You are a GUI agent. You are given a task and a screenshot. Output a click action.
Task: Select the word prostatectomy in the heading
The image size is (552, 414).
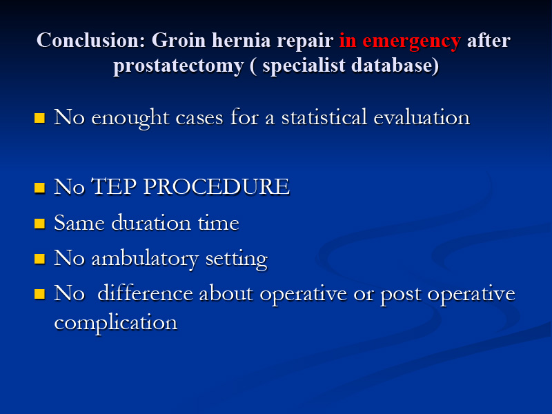[179, 66]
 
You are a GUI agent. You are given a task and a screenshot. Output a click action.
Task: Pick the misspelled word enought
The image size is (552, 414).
[130, 118]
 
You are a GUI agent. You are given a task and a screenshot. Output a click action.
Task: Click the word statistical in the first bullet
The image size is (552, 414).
[324, 117]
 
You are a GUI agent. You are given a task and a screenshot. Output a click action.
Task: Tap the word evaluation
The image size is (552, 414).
[422, 117]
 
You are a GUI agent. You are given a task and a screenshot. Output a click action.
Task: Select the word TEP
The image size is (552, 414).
[114, 186]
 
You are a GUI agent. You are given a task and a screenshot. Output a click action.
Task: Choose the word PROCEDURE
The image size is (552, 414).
[217, 186]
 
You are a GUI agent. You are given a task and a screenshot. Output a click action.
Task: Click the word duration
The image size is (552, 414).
[151, 222]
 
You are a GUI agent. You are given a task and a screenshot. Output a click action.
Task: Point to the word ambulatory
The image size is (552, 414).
[145, 259]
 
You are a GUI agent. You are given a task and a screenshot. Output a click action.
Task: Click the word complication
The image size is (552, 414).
[116, 323]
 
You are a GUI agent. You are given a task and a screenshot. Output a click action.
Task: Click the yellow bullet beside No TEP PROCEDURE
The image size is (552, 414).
[40, 188]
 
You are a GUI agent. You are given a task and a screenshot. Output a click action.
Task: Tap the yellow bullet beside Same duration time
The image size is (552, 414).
[40, 224]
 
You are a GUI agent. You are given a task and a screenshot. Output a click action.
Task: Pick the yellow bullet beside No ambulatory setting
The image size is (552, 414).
[40, 259]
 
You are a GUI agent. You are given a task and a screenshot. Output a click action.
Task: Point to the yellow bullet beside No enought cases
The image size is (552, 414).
[40, 118]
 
